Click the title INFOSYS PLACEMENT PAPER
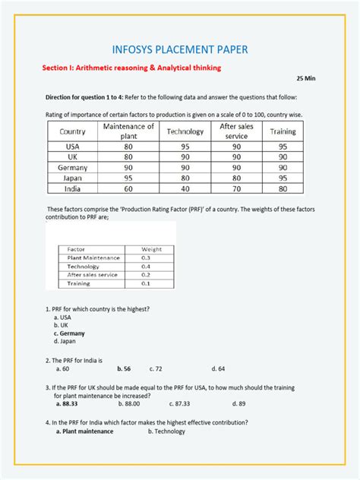click(180, 49)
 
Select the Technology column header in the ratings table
click(185, 131)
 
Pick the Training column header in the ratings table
click(283, 131)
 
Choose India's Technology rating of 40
click(185, 188)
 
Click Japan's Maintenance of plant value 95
click(128, 178)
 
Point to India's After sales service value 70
click(236, 188)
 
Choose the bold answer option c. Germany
click(69, 333)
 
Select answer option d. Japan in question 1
click(66, 341)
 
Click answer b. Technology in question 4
click(166, 431)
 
